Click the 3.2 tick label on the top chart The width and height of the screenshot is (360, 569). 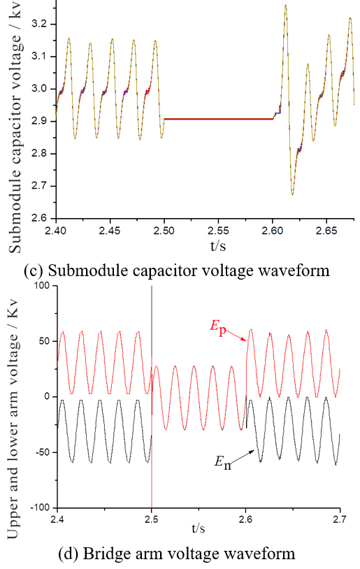[x=39, y=24]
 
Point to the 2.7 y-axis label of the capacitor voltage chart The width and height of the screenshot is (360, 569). [x=39, y=186]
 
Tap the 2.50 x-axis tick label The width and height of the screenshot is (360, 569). [x=164, y=231]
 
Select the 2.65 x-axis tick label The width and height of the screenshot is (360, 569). [x=326, y=231]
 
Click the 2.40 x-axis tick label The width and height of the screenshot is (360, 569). [x=55, y=231]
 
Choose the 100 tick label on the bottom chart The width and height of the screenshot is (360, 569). [x=42, y=286]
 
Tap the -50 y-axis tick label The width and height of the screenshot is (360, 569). [x=42, y=452]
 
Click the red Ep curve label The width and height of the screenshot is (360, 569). [x=218, y=327]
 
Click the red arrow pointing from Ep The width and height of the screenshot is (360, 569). [x=236, y=336]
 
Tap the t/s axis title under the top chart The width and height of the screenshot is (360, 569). [x=217, y=245]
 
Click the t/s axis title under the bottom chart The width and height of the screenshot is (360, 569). [x=198, y=528]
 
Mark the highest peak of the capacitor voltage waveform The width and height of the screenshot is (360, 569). [x=286, y=5]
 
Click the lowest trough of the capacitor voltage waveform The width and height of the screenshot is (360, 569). [x=292, y=194]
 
